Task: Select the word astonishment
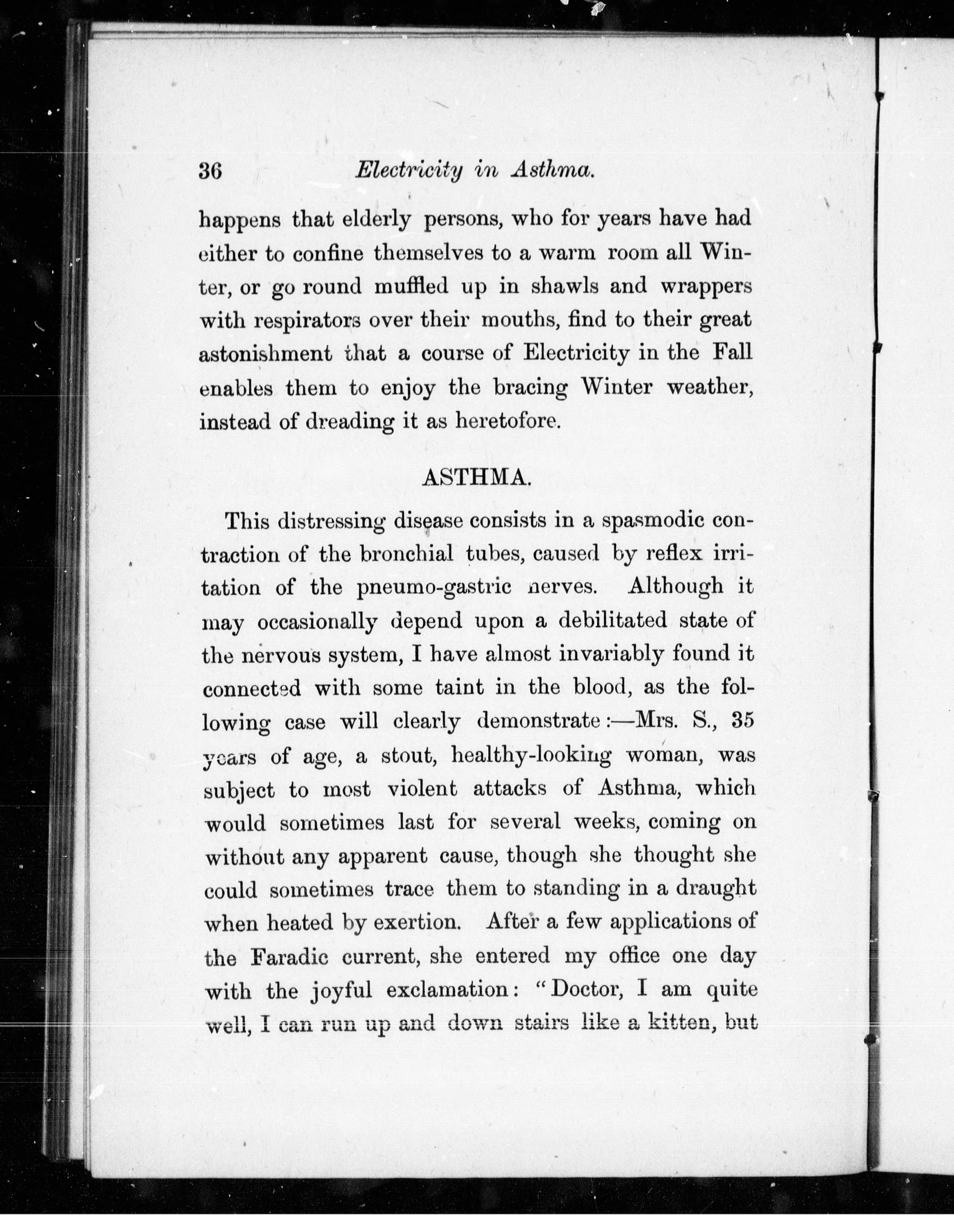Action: click(265, 354)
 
